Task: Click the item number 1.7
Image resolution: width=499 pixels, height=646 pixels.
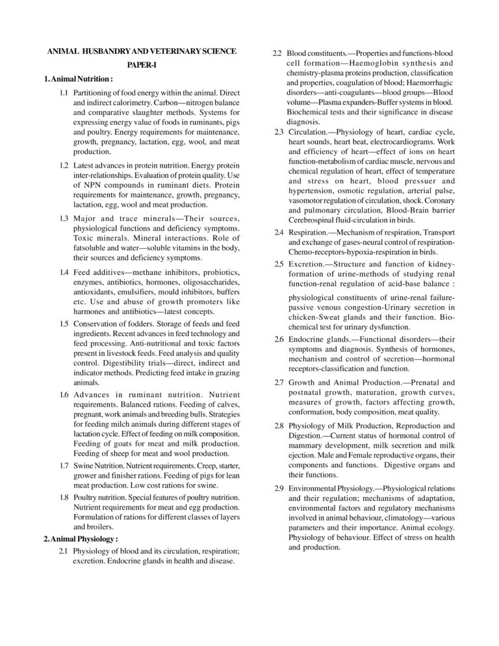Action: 64,466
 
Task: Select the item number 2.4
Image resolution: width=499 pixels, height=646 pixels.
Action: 278,231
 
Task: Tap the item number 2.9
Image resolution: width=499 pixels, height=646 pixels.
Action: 278,487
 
